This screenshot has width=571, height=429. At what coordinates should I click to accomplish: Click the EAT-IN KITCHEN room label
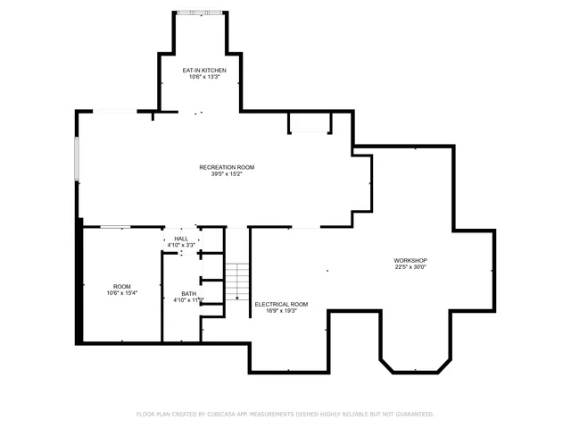click(x=204, y=70)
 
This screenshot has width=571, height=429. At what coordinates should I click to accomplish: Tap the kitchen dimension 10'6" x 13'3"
click(x=204, y=77)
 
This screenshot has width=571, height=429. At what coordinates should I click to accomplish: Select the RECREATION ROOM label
click(x=227, y=167)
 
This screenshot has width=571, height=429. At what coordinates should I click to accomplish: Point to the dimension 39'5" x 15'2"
click(x=227, y=174)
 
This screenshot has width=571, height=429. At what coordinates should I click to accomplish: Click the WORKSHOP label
click(x=410, y=260)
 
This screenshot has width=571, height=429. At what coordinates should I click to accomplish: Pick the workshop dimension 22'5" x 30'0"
click(x=410, y=267)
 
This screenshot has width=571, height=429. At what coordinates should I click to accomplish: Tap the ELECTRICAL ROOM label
click(x=281, y=304)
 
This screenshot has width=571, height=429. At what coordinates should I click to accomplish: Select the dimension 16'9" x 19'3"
click(x=281, y=311)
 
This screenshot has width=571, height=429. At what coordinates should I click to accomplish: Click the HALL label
click(x=181, y=239)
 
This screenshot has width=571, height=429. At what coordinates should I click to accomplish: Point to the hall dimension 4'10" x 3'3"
click(x=181, y=245)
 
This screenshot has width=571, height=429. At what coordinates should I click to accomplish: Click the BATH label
click(x=188, y=293)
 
